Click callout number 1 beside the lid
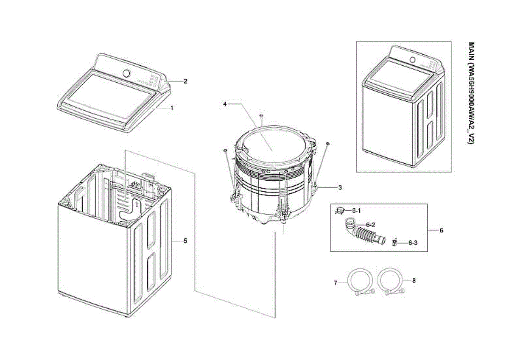pos(172,108)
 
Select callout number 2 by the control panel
pos(185,81)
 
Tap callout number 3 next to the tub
pos(339,187)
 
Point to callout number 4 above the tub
pos(225,103)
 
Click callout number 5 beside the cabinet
pos(185,240)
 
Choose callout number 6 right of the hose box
pos(441,230)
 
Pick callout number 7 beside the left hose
pos(335,283)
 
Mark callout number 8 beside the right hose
pos(414,280)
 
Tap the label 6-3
pos(413,243)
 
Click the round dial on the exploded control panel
pos(126,73)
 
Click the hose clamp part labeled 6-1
pos(340,210)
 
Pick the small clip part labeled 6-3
pos(395,242)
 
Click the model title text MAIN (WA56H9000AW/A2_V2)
pos(470,94)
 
